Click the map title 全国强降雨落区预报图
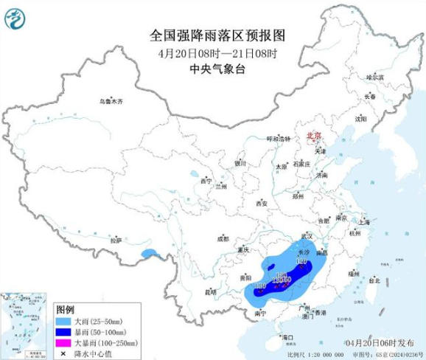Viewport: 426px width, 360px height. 213,35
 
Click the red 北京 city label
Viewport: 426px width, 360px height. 314,136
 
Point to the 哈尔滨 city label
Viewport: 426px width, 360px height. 376,77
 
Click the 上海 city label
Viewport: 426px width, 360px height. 363,221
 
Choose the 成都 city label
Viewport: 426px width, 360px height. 223,238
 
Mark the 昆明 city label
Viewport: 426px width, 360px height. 211,291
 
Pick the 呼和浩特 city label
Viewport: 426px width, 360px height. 279,139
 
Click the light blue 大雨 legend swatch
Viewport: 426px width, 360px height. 65,322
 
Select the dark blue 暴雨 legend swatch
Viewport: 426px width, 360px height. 65,333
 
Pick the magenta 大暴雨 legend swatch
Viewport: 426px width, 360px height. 65,343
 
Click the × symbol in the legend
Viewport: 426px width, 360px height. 65,353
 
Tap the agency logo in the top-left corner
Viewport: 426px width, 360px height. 15,16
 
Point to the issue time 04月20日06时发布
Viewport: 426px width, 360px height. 380,343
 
